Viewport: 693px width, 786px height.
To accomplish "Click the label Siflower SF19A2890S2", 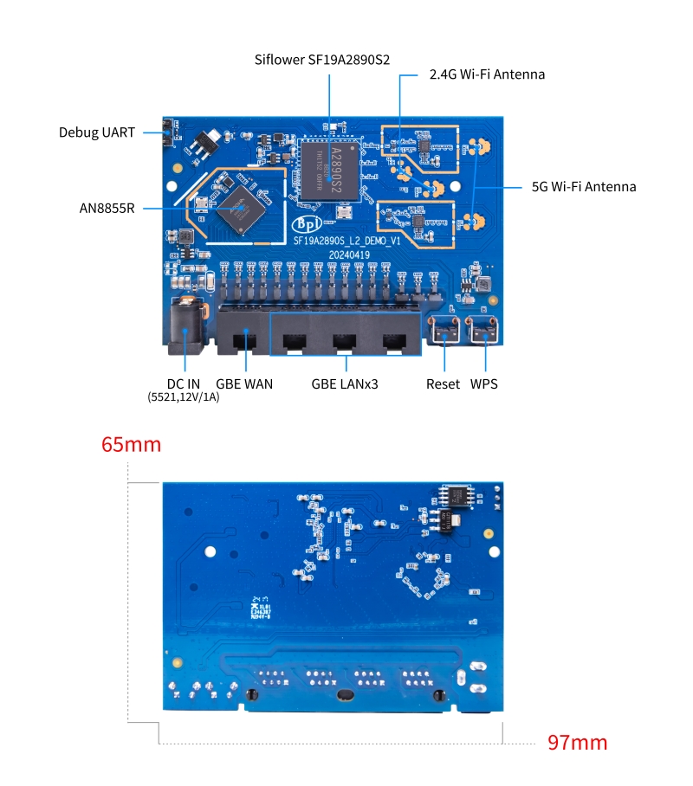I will pos(322,60).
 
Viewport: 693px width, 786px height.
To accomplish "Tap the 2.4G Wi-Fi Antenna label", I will pos(487,74).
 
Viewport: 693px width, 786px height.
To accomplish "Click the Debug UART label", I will pos(97,132).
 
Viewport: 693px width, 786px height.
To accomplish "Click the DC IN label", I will pos(185,383).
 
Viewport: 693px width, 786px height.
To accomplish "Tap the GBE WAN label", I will pos(244,383).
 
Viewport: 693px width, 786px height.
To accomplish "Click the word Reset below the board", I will pos(443,383).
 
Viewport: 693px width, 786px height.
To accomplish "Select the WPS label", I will pos(484,383).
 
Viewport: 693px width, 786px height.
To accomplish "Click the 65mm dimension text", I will pos(132,445).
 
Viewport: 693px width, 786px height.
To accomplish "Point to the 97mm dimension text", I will pos(577,742).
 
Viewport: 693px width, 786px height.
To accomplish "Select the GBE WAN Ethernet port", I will pos(243,333).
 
